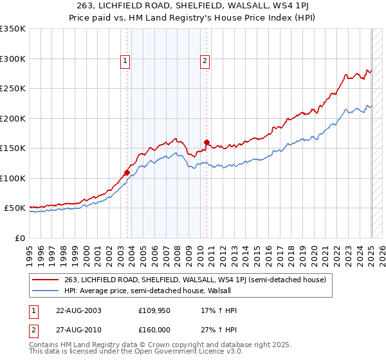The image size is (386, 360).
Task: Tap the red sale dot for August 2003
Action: coord(127,172)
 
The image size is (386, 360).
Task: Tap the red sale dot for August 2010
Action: coord(207,142)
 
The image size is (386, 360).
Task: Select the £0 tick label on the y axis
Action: coord(19,238)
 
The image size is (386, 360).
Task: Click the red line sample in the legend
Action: coord(45,280)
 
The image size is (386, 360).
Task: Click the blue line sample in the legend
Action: coord(45,291)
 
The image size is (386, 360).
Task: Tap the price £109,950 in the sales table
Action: coord(154,310)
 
